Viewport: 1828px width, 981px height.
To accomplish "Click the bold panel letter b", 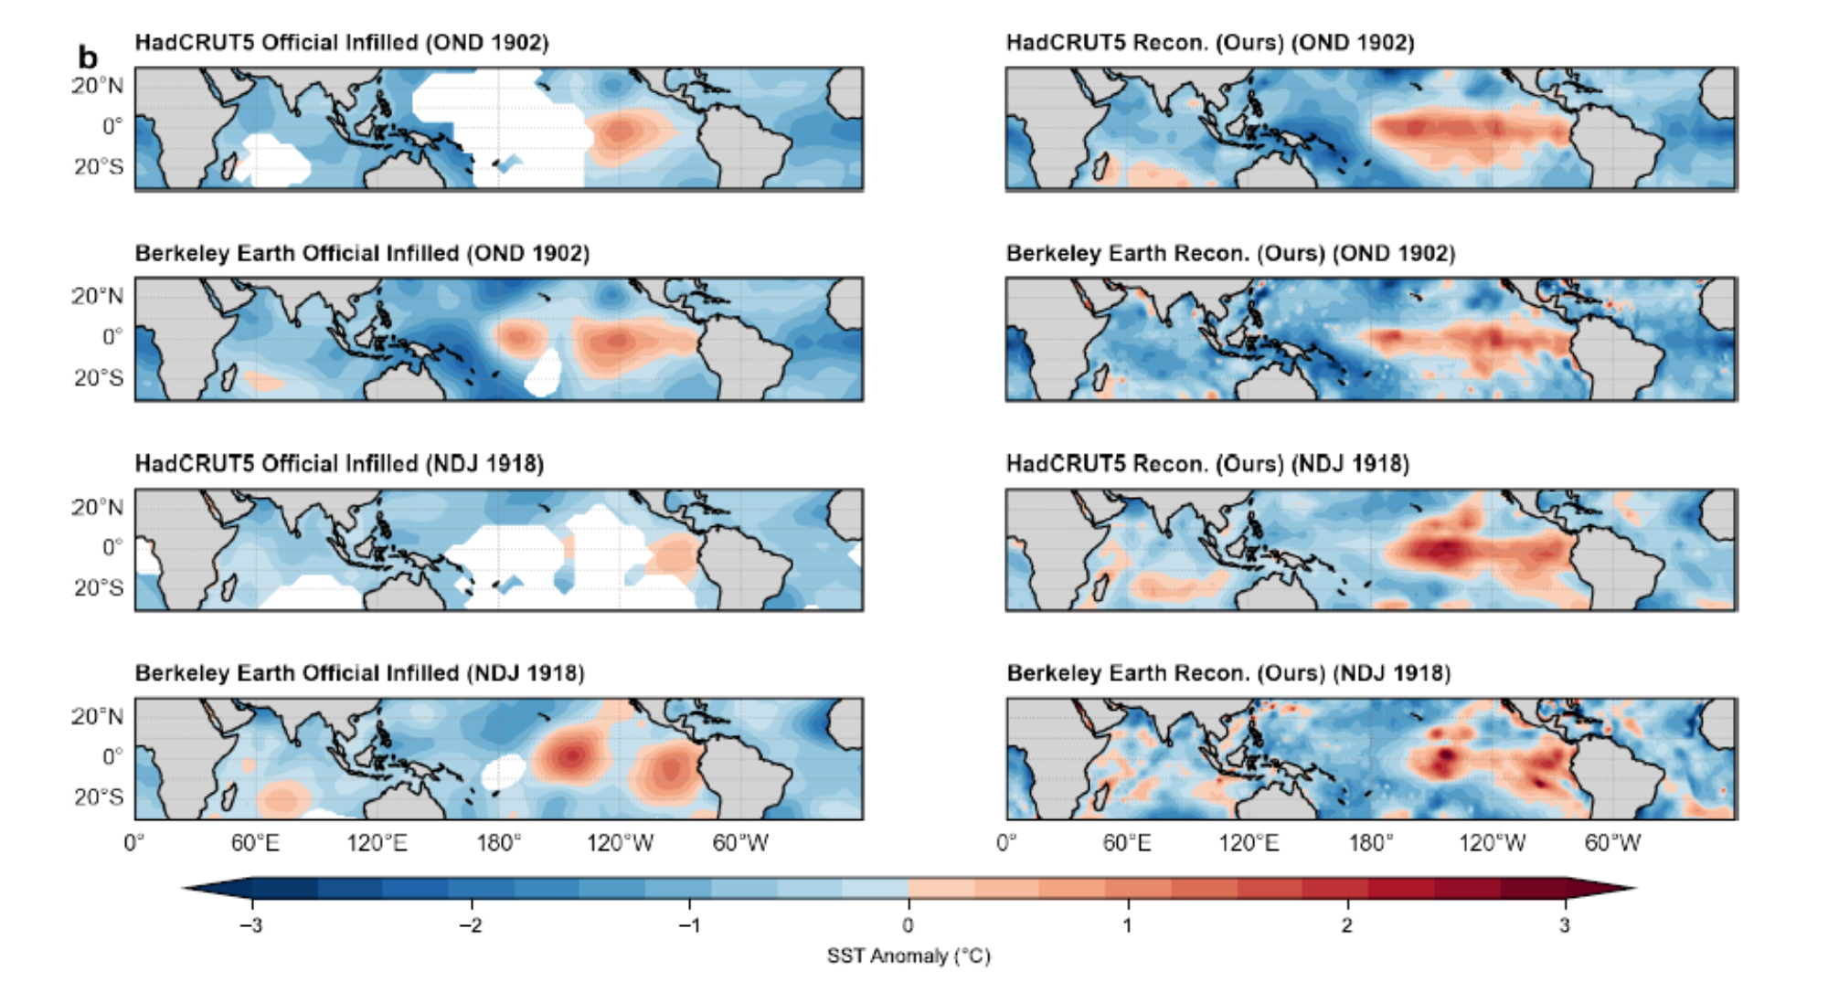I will pos(88,58).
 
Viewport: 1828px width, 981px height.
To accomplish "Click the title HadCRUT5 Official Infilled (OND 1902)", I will pos(342,43).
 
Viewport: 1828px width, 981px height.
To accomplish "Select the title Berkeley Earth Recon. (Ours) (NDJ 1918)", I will pos(1228,673).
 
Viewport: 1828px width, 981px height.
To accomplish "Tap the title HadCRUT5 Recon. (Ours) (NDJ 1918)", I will pos(1207,464).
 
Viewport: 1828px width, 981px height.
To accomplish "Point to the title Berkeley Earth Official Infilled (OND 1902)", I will pos(362,253).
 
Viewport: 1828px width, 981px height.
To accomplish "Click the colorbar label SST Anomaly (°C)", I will pos(909,955).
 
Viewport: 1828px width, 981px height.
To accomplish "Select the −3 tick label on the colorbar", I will pos(251,925).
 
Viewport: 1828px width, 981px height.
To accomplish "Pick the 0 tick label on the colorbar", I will pos(908,925).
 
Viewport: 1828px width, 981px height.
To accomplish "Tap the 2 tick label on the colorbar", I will pos(1346,925).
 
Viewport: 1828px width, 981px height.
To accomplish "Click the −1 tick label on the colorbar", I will pos(689,925).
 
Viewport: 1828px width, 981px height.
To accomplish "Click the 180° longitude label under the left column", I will pos(498,842).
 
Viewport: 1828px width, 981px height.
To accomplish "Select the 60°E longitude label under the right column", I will pos(1126,842).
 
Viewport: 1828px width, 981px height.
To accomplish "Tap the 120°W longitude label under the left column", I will pos(620,842).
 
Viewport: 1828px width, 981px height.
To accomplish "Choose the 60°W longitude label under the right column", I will pos(1612,842).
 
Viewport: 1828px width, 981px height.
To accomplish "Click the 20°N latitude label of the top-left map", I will pos(97,86).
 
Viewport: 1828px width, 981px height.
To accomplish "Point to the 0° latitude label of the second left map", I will pos(112,337).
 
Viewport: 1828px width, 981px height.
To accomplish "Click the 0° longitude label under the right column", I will pos(1006,842).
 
